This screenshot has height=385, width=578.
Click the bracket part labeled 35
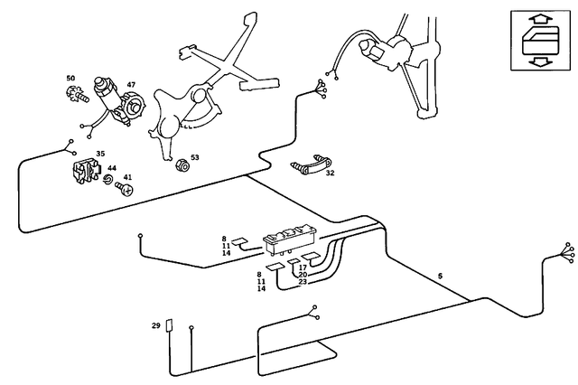(x=88, y=170)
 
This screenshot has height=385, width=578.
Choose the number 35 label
(x=100, y=154)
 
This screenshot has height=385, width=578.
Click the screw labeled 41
(x=125, y=190)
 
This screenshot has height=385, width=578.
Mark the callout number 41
(x=127, y=177)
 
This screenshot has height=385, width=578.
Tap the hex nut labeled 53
(x=181, y=166)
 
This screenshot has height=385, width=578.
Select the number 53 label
(x=194, y=157)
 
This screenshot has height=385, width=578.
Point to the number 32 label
(x=330, y=172)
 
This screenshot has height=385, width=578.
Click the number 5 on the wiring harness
(x=440, y=274)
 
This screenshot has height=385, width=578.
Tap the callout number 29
(x=155, y=324)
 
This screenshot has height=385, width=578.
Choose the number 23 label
(x=303, y=283)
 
